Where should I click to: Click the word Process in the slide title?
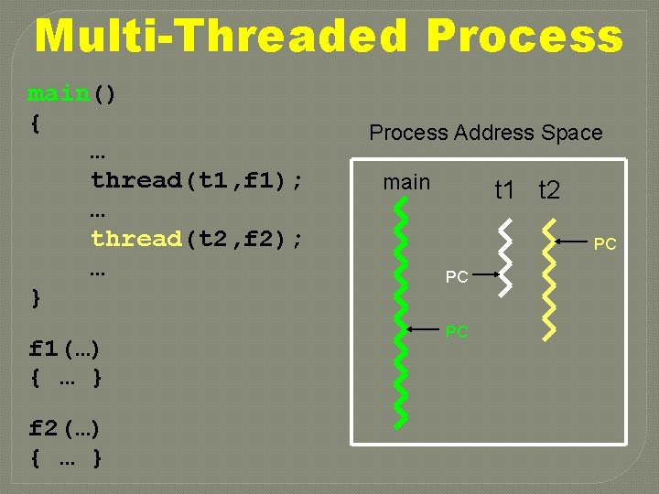pos(524,37)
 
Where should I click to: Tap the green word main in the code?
pos(59,94)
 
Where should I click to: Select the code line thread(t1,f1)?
pos(197,180)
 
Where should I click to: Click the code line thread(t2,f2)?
pos(197,239)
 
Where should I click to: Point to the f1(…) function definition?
pos(65,349)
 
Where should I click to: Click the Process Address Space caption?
pos(485,133)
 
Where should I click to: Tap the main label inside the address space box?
pos(406,182)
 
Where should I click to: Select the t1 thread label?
pos(505,190)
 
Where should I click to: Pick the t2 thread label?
pos(549,190)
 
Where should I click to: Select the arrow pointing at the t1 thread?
pos(485,274)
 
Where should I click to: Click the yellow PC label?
pos(457,332)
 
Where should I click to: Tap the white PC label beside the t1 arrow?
pos(457,276)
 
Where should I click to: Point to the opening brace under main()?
pos(35,123)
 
